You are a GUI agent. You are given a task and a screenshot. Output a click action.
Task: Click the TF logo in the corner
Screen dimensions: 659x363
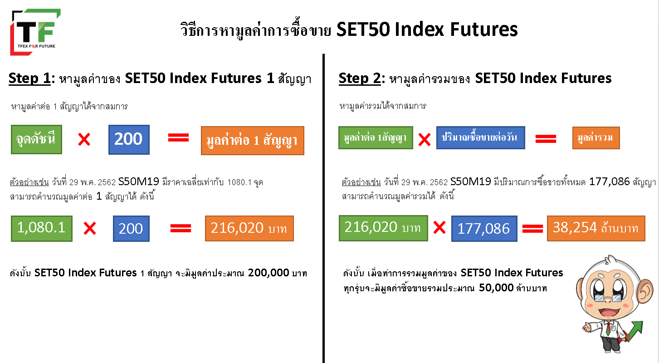tap(35, 32)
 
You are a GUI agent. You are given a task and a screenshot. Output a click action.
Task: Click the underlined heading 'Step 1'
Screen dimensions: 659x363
tap(29, 78)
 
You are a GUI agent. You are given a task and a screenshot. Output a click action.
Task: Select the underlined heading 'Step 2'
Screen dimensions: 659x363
tap(360, 78)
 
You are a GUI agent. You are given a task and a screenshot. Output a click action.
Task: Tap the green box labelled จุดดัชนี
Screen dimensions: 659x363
tap(36, 140)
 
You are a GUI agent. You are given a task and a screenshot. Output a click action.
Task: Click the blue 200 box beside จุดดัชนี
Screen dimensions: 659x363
tap(129, 140)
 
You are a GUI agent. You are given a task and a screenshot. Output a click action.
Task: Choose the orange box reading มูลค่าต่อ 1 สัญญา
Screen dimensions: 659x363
tap(253, 141)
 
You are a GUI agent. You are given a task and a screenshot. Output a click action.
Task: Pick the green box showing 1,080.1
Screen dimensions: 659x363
tap(42, 228)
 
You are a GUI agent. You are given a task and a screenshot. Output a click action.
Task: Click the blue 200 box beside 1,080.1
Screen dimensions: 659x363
tap(131, 228)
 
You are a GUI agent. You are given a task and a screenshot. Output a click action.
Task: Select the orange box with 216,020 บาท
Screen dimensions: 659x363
tap(249, 228)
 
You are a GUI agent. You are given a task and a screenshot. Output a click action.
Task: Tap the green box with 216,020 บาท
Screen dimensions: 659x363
tap(383, 228)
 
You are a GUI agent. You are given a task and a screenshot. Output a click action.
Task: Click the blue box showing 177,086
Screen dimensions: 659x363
tap(484, 228)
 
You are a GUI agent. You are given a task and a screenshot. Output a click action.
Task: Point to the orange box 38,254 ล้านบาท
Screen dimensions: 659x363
tap(596, 228)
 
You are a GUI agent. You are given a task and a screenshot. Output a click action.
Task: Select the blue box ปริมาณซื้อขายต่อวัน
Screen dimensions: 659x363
tap(480, 138)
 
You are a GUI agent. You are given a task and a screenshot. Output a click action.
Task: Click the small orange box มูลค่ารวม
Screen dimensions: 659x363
tap(596, 138)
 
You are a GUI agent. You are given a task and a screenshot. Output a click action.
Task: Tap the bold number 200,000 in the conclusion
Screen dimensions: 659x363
tap(268, 273)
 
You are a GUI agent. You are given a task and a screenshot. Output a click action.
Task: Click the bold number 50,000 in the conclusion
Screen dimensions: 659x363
tap(496, 288)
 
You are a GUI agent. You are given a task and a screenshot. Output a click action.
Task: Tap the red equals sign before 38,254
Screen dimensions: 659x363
tap(532, 228)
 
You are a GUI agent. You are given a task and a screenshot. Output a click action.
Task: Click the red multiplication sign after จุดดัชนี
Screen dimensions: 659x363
tap(84, 139)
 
